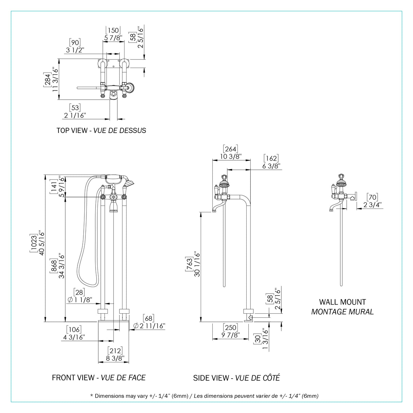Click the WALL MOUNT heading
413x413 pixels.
tap(343, 302)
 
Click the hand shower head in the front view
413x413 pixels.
tap(129, 183)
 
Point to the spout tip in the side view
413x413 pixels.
tap(214, 211)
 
